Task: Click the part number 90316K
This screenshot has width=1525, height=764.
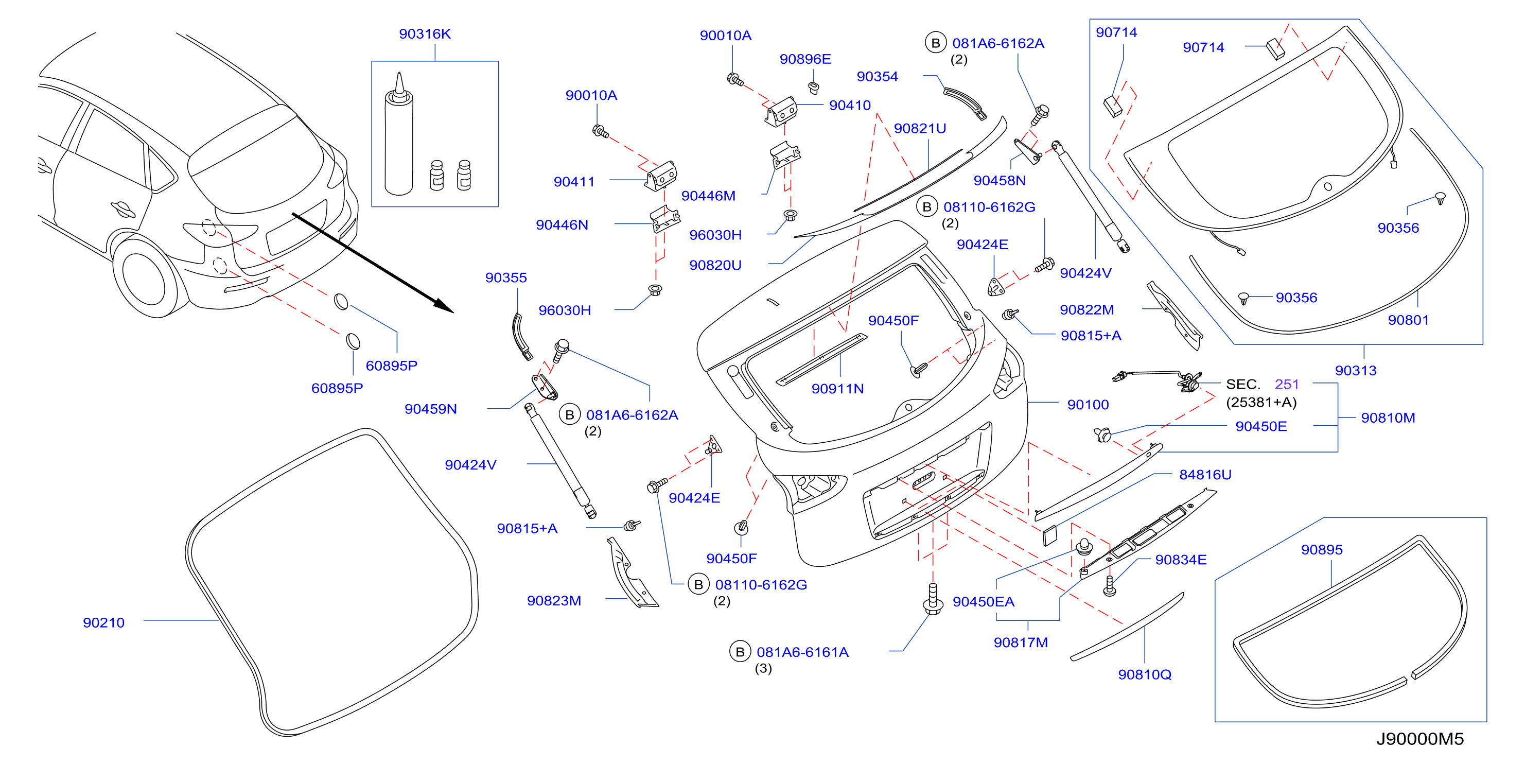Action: [425, 34]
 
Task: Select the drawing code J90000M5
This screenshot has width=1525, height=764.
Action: [1419, 739]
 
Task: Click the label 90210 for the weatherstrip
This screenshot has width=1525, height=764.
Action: [103, 622]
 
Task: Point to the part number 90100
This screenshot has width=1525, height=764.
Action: [1088, 405]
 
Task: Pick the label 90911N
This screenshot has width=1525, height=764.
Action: [837, 389]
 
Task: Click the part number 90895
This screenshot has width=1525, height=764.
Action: [1321, 550]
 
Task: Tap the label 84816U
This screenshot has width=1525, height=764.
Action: [1205, 474]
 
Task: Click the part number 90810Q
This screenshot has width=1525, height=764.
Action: [1144, 674]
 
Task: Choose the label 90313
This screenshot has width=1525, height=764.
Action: [1355, 371]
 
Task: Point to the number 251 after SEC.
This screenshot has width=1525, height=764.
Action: [1286, 385]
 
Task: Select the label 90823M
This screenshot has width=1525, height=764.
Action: [553, 600]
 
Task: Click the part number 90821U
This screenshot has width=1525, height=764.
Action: [919, 129]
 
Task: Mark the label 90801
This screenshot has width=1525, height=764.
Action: [1408, 320]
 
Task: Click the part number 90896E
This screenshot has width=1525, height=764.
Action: [805, 59]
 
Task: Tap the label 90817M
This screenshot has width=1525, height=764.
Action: [1020, 643]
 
